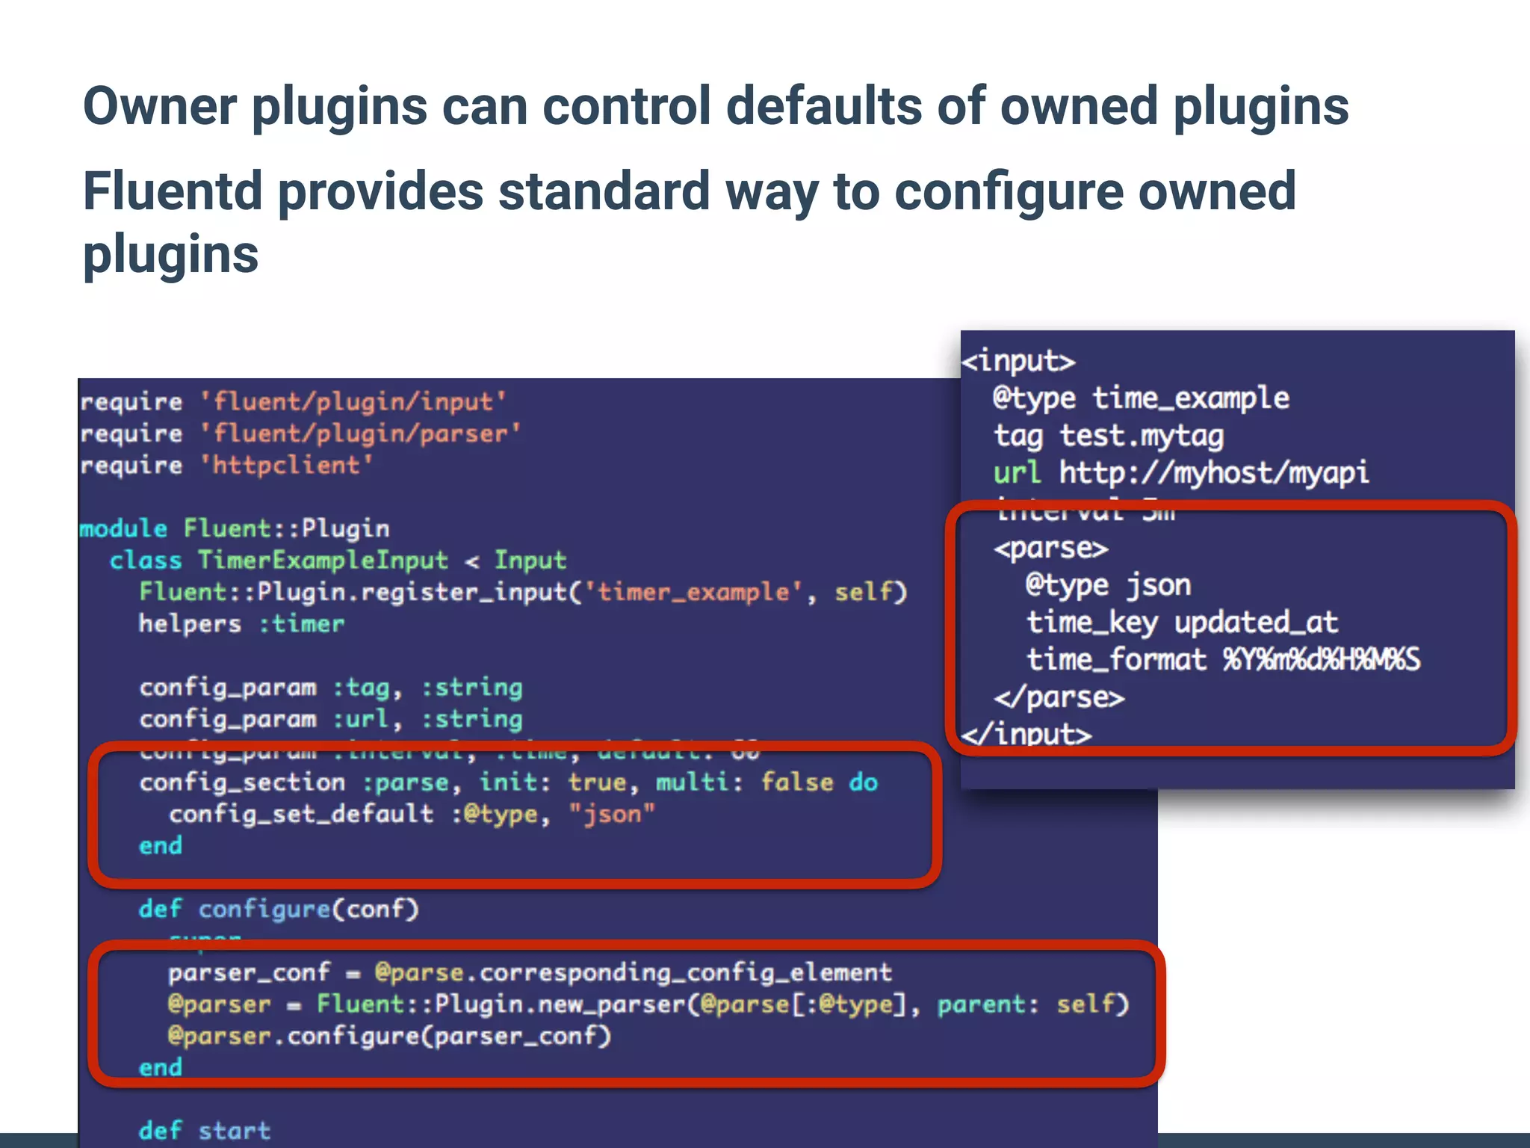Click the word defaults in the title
pos(823,105)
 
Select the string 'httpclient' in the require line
pos(286,466)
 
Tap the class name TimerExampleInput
pos(323,561)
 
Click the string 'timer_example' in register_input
pos(694,593)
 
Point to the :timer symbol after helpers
pos(302,624)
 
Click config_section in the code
pos(242,783)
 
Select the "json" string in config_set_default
pos(611,814)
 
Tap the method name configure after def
pos(264,910)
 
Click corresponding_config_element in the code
pos(685,972)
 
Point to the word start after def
pos(234,1131)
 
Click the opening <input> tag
pos(1018,362)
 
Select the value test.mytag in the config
pos(1141,436)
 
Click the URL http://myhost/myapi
pos(1213,473)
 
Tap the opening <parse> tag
pos(1050,549)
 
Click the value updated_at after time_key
pos(1255,623)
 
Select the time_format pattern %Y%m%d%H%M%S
pos(1320,660)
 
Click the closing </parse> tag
pos(1059,698)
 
